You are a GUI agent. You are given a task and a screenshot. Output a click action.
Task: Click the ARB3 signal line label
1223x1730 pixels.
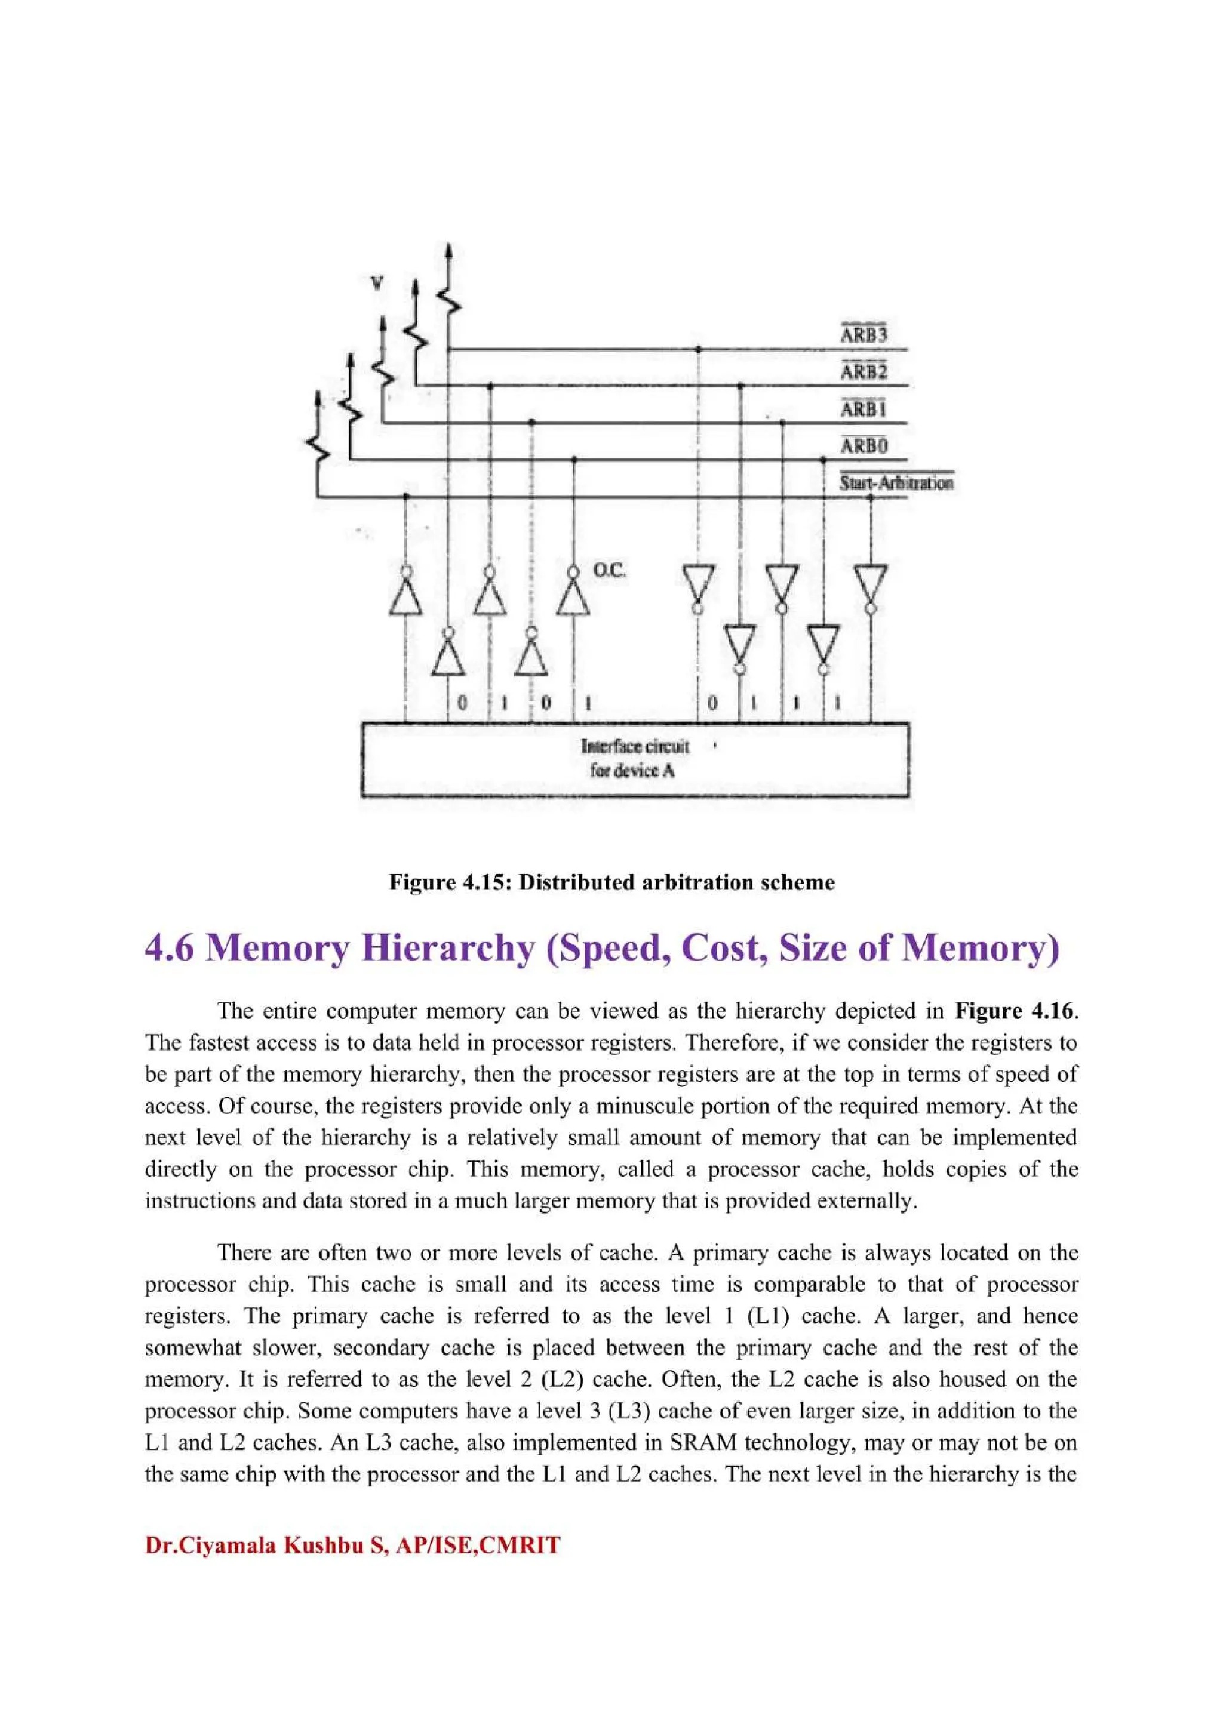(x=864, y=334)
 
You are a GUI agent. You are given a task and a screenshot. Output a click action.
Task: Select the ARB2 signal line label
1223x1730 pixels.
(x=864, y=371)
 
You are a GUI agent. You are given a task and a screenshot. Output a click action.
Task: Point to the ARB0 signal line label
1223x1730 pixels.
(x=864, y=446)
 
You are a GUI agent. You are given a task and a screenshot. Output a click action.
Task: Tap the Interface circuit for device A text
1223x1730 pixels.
(x=634, y=759)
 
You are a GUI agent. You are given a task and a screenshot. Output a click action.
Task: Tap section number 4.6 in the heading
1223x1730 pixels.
(x=169, y=949)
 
